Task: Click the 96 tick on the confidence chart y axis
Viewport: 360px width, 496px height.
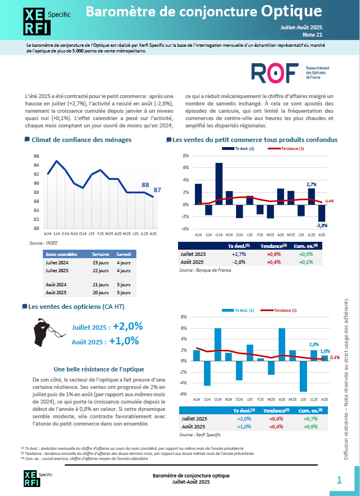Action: [36, 156]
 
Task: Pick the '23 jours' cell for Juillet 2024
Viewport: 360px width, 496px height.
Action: [100, 262]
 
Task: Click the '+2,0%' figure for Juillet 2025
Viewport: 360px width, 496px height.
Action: [128, 326]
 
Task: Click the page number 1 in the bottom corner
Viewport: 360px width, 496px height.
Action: [339, 480]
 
